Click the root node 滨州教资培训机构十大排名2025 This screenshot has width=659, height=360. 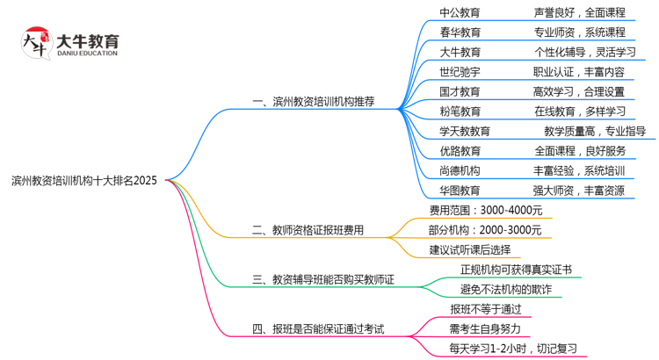84,181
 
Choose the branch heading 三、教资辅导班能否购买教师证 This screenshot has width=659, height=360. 322,280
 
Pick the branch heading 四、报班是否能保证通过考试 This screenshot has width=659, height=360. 318,329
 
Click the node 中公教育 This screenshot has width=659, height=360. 460,13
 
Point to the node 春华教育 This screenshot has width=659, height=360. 460,32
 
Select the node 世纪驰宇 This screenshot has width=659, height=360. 460,72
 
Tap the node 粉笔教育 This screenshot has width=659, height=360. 460,112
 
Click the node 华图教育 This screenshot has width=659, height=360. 460,191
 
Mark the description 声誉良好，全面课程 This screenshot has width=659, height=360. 579,13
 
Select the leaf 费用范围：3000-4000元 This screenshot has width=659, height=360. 486,211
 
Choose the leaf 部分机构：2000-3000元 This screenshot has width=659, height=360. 485,230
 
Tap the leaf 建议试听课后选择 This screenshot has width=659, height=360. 469,250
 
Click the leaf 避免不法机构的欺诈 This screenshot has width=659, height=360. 506,290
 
